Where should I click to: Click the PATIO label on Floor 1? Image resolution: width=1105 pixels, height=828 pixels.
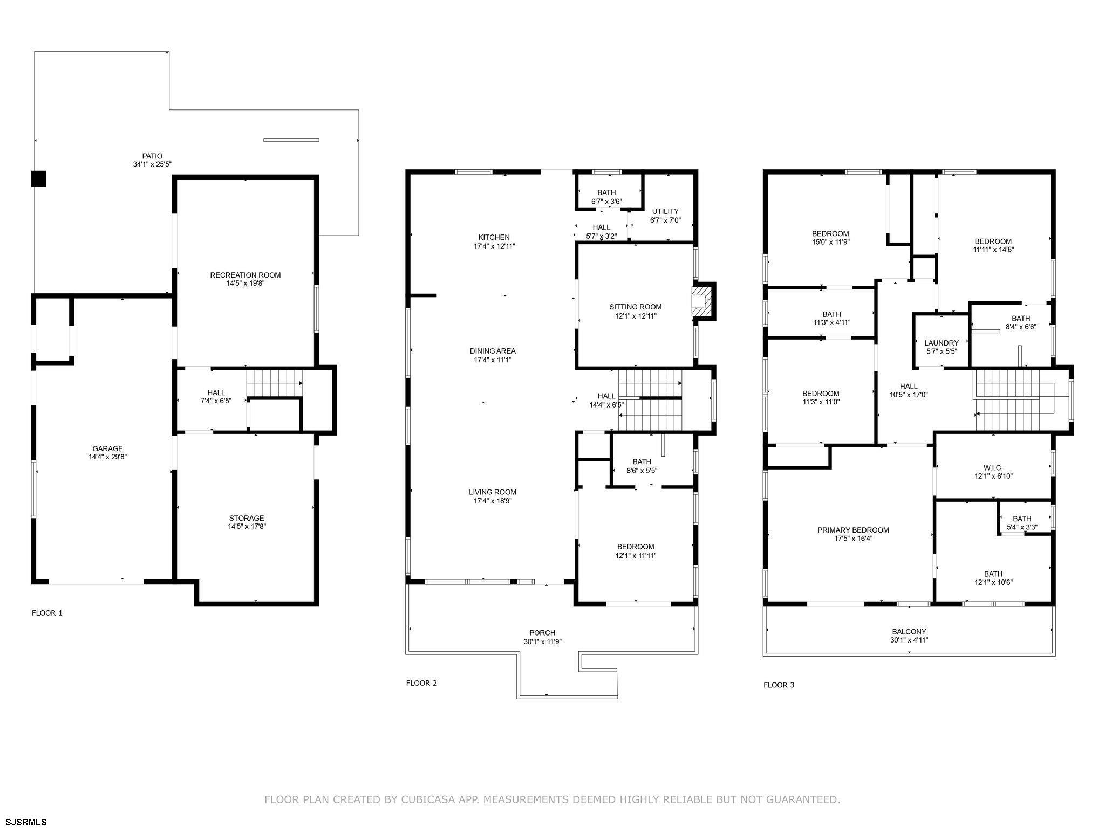pos(152,156)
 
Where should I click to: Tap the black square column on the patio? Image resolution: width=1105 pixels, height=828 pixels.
pos(38,178)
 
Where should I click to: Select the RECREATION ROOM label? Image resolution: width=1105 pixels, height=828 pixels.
pos(245,275)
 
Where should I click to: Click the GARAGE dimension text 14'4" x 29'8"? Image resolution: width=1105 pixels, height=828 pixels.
pos(108,457)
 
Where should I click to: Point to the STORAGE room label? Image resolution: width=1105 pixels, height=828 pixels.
pos(247,518)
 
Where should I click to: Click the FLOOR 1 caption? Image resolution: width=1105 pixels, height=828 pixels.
pos(47,613)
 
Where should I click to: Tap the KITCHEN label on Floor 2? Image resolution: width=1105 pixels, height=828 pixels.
pos(494,237)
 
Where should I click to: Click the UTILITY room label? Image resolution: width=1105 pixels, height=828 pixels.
pos(665,211)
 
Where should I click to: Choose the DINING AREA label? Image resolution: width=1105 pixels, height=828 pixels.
pos(493,351)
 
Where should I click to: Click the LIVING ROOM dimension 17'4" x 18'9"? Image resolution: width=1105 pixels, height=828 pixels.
pos(493,501)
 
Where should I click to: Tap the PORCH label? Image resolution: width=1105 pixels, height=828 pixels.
pos(542,633)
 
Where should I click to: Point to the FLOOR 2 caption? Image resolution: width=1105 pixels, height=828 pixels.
pos(422,683)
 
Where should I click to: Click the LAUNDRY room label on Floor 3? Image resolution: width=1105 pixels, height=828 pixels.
pos(942,343)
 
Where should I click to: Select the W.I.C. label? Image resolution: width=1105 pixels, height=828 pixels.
pos(993,468)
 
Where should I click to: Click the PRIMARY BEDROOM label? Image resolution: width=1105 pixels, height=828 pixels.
pos(853,530)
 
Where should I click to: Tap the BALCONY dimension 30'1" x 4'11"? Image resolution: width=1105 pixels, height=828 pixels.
pos(909,640)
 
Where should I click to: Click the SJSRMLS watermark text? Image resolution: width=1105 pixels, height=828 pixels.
pos(24,822)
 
